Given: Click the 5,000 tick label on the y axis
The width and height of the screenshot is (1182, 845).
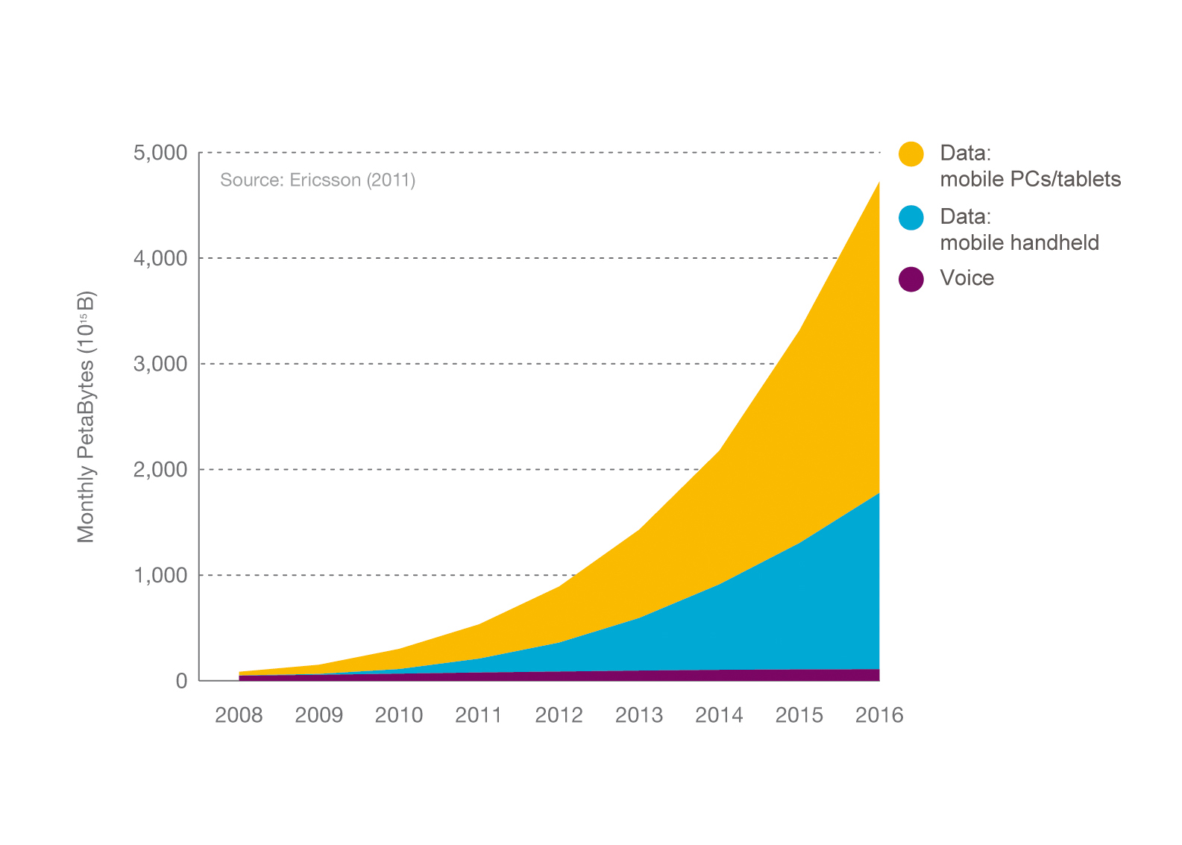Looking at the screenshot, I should point(160,154).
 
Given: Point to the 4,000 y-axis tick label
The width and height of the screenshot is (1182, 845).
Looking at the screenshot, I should point(160,259).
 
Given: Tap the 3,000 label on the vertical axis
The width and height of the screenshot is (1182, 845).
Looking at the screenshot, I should point(160,365).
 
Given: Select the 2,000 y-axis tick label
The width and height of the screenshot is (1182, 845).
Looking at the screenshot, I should point(160,470).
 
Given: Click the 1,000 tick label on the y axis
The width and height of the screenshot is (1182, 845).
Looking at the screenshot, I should point(160,576).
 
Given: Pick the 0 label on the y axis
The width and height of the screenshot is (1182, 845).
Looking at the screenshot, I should point(181,681).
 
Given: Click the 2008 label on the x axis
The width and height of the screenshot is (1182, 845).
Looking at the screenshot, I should point(239,715).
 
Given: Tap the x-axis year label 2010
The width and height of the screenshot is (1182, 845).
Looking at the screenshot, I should point(399,715).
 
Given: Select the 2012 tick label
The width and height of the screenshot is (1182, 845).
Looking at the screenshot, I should point(559,715).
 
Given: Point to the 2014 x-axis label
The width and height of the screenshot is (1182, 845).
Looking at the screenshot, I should point(719,715).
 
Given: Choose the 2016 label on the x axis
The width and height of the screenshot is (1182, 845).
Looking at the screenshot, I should point(879,715).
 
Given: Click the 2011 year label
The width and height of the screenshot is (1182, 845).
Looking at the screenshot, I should point(479,715).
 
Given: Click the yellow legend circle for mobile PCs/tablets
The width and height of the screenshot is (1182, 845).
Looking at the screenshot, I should point(911,154).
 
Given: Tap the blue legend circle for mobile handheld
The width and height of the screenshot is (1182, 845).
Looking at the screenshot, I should point(911,217).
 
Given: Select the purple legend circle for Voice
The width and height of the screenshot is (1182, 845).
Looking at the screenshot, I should point(911,279).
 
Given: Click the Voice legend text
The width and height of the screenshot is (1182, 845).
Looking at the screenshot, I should point(966,278).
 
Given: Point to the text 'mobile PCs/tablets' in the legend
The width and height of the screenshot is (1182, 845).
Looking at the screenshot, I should point(1030,179).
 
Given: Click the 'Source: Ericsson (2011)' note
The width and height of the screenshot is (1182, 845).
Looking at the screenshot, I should point(318,180).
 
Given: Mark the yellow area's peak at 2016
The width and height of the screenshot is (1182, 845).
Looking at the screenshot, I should point(878,182).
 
